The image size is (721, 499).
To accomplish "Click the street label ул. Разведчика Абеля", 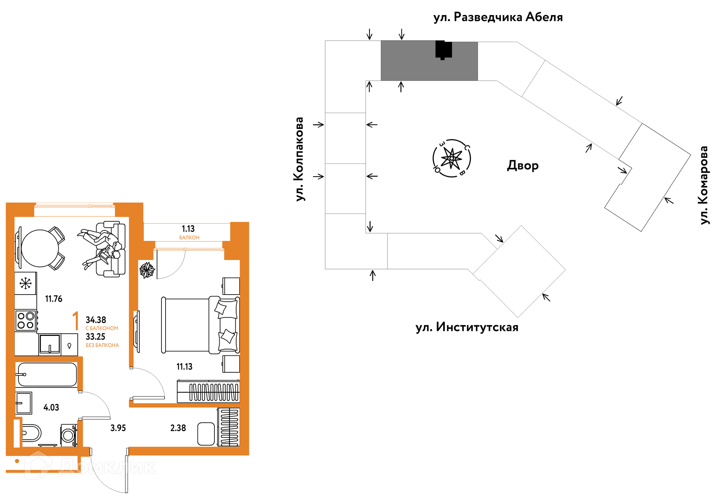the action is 498,17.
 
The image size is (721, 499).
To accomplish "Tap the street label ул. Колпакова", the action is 299,159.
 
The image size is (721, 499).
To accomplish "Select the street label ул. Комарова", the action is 704,185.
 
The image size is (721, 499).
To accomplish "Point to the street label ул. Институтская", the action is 467,327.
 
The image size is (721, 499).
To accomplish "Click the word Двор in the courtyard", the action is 523,165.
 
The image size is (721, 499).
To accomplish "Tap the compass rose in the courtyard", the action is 452,158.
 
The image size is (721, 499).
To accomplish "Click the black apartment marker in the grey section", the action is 443,50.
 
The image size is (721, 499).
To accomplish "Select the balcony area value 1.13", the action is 188,229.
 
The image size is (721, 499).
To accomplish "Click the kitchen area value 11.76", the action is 54,299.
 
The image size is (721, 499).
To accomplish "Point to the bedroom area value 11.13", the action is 184,367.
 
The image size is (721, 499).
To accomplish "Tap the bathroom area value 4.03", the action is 51,408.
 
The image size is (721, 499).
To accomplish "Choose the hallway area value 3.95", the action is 118,428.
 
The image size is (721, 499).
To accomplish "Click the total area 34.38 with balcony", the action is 96,320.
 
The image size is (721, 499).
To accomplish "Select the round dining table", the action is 40,248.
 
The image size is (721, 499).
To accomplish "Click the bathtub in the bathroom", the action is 47,375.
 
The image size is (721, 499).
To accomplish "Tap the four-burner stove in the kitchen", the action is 26,321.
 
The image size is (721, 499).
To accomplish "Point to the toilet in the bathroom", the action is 30,433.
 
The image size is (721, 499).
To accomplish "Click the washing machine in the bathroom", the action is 68,435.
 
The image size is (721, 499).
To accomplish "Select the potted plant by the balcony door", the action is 147,270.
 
